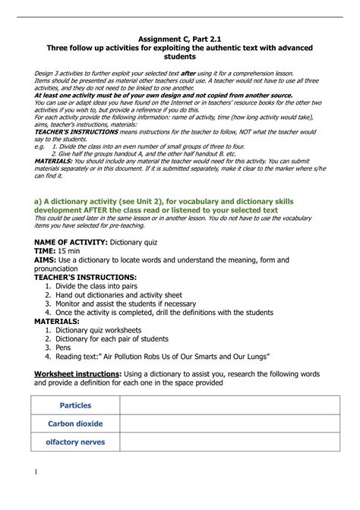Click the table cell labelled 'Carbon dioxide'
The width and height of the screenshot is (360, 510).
point(75,424)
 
